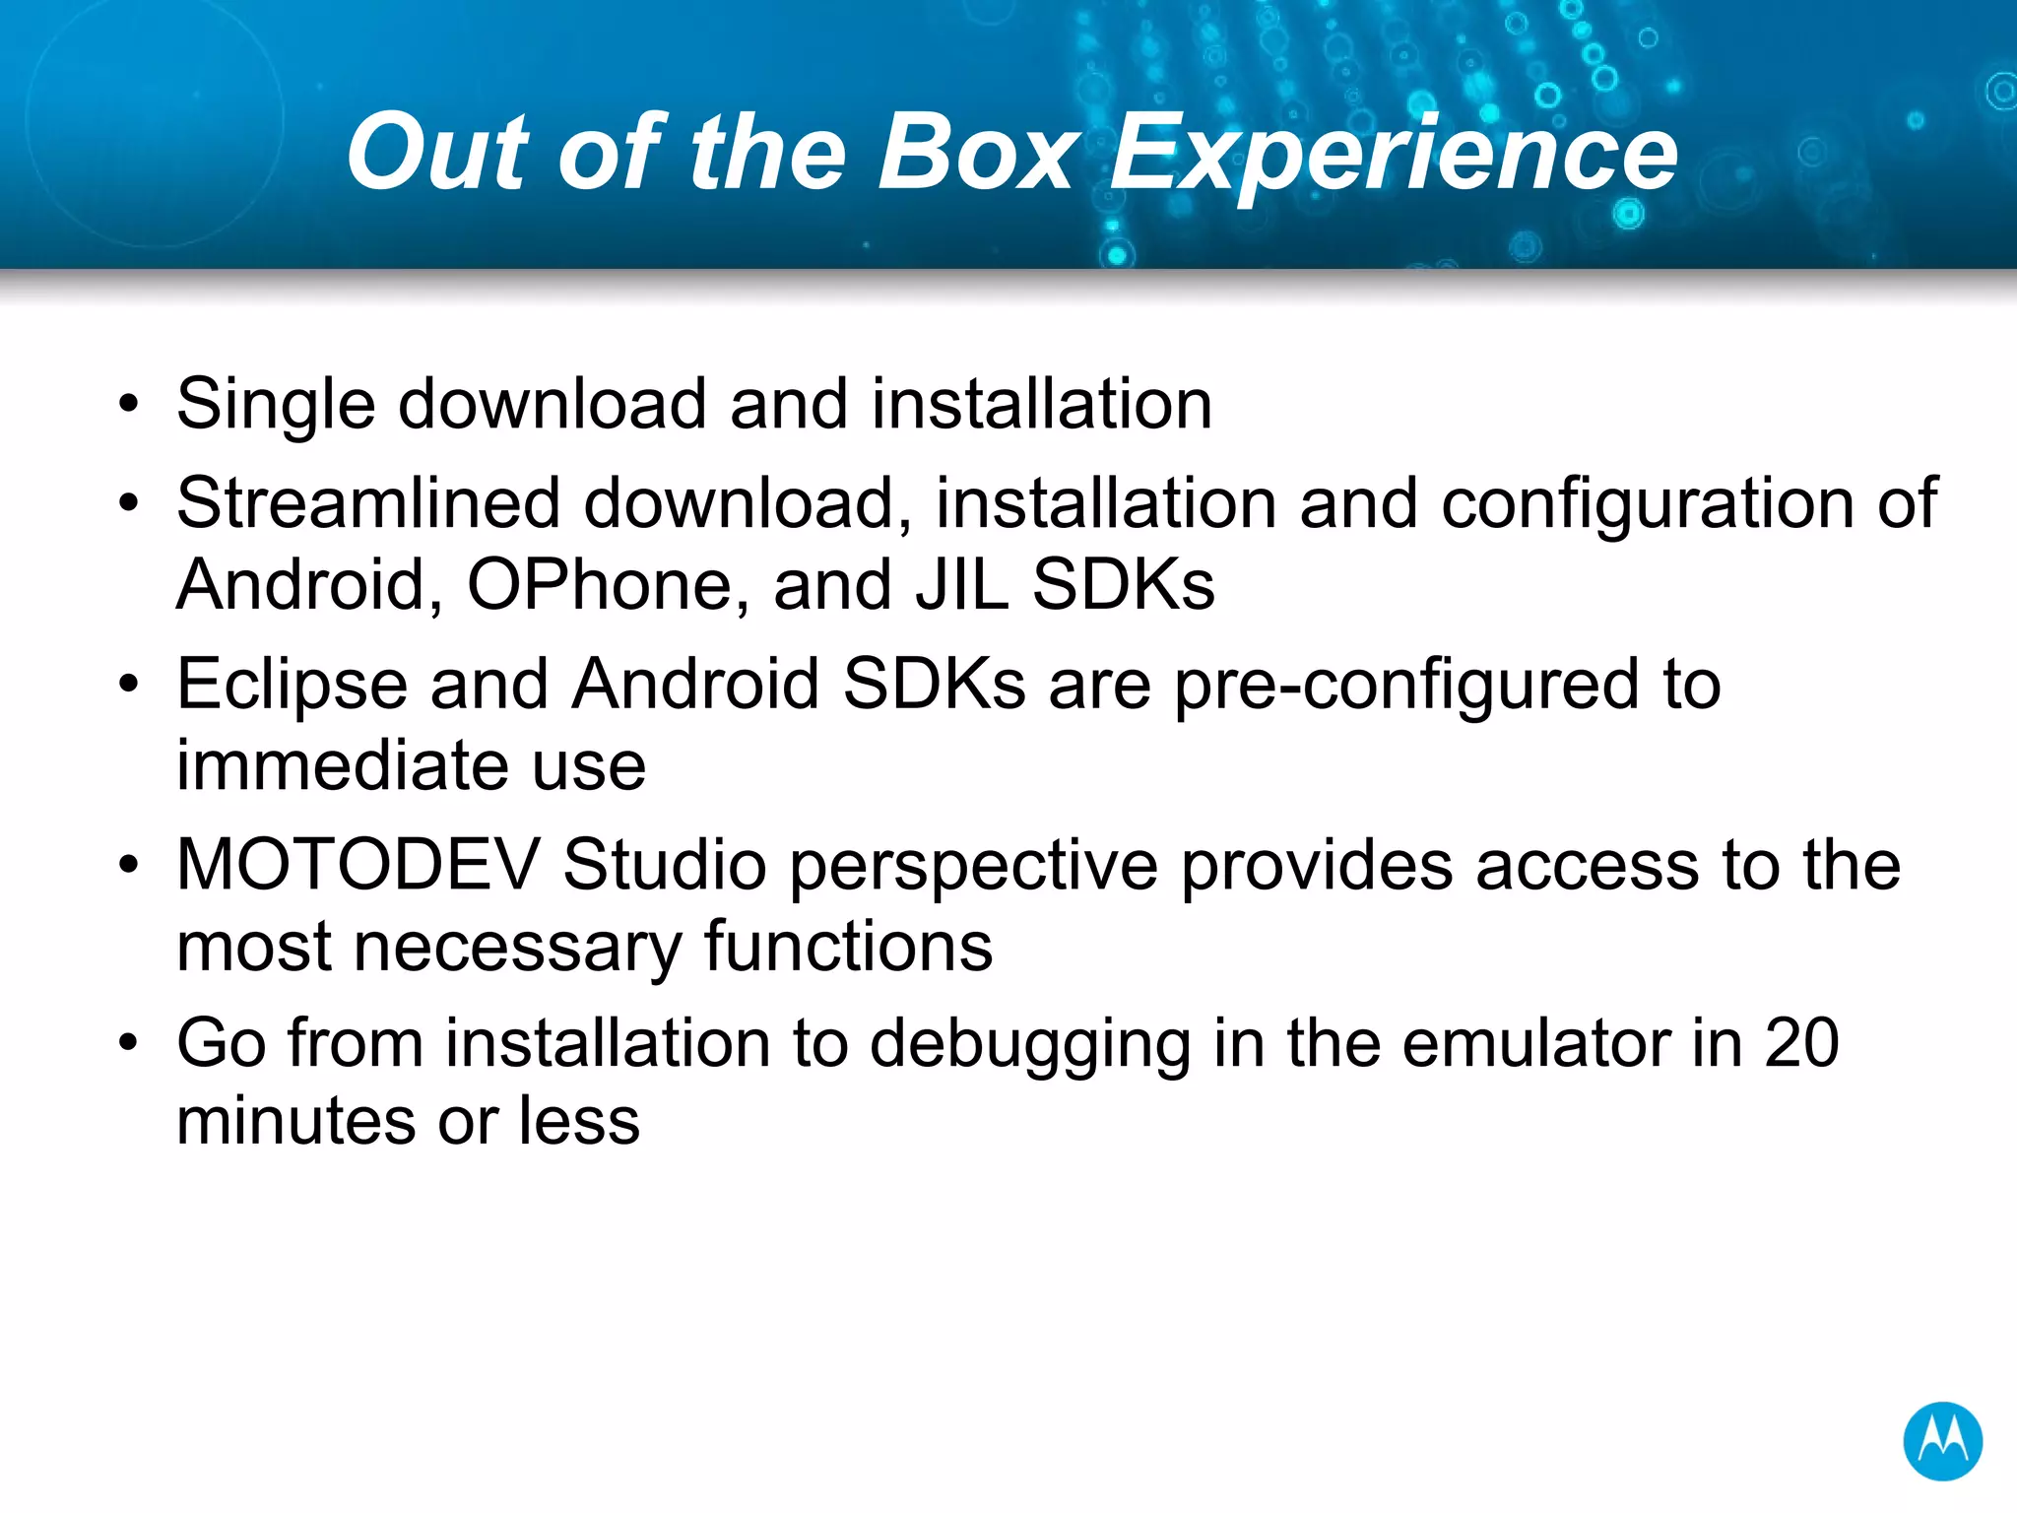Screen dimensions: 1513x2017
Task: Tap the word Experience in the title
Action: click(x=1394, y=156)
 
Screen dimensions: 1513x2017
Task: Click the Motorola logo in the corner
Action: click(x=1942, y=1440)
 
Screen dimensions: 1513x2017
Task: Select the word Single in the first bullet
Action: click(x=276, y=406)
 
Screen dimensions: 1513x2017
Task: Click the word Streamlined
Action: click(x=368, y=503)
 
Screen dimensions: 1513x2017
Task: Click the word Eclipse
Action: click(x=292, y=686)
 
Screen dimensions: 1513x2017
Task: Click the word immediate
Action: click(x=342, y=765)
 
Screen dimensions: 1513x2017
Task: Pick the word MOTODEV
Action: click(x=358, y=865)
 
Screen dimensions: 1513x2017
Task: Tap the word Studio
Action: click(x=665, y=865)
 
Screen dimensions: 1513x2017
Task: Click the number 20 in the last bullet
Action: click(x=1801, y=1043)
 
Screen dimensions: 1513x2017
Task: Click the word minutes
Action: click(x=296, y=1122)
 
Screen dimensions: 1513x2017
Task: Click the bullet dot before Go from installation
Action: click(x=129, y=1043)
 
